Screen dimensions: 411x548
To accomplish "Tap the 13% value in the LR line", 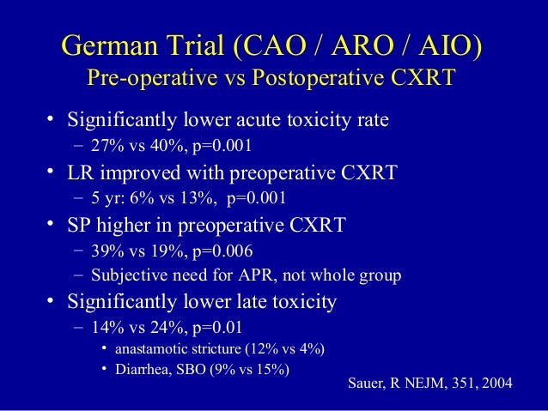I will (195, 198).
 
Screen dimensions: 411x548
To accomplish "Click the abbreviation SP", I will (84, 226).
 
